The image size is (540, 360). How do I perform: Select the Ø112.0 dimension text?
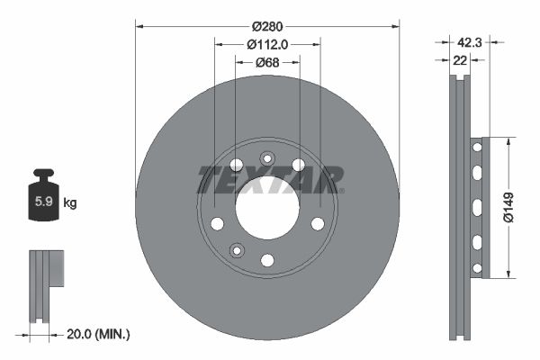point(266,43)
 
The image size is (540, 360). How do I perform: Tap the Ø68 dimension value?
point(266,62)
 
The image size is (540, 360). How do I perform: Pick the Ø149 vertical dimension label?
point(508,207)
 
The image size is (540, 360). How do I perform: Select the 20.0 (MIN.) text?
point(99,334)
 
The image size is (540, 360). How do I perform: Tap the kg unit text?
point(70,203)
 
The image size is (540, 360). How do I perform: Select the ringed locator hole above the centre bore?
point(267,158)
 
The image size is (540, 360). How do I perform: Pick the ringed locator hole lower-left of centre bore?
point(237,249)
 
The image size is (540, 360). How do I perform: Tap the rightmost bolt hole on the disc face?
point(317,224)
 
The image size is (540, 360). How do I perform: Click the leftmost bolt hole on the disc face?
point(217,224)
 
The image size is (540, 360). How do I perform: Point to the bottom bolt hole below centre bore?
point(267,259)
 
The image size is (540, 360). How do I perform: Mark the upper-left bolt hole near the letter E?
point(237,165)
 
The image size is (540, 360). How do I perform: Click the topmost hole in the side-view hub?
point(477,147)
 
